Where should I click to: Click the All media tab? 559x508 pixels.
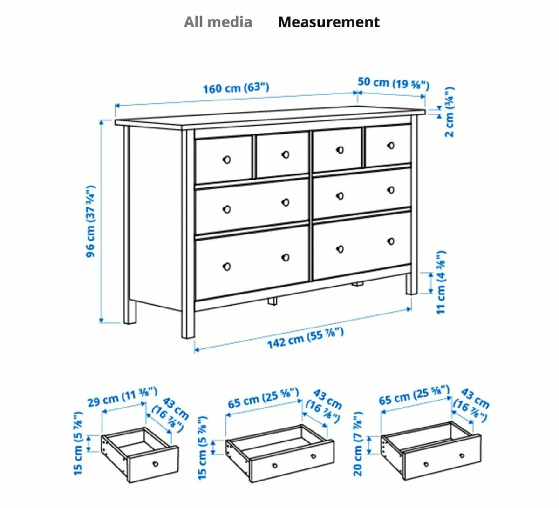point(218,22)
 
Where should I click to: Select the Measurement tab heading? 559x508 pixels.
point(328,22)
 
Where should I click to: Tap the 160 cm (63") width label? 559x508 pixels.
point(236,87)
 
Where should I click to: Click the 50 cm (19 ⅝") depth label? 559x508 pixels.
point(393,83)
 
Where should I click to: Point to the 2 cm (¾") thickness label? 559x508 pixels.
point(449,112)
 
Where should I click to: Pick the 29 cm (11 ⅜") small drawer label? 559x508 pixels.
point(122,397)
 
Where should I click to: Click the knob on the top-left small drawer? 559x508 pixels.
point(227,160)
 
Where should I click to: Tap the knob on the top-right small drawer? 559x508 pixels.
point(391,146)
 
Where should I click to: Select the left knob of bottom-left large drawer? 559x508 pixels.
point(227,267)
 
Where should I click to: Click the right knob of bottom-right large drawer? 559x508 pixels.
point(391,241)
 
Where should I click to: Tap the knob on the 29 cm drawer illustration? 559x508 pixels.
point(155,464)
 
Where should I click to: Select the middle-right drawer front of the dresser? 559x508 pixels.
point(362,193)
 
